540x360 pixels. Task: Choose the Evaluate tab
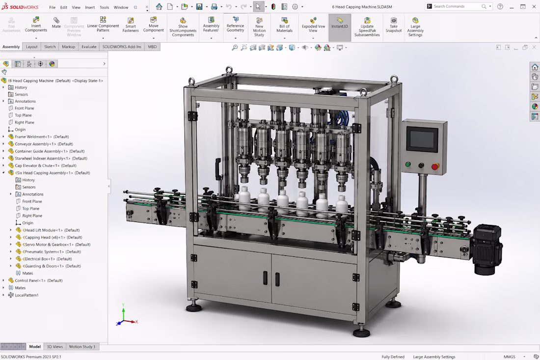pyautogui.click(x=89, y=47)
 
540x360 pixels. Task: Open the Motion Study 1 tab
pyautogui.click(x=82, y=347)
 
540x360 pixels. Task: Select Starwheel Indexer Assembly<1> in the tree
pyautogui.click(x=51, y=159)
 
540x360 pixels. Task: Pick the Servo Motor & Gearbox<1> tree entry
pyautogui.click(x=56, y=245)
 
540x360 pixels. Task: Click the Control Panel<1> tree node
pyautogui.click(x=39, y=280)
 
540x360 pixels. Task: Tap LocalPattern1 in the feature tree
pyautogui.click(x=27, y=295)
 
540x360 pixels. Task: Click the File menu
pyautogui.click(x=53, y=7)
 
